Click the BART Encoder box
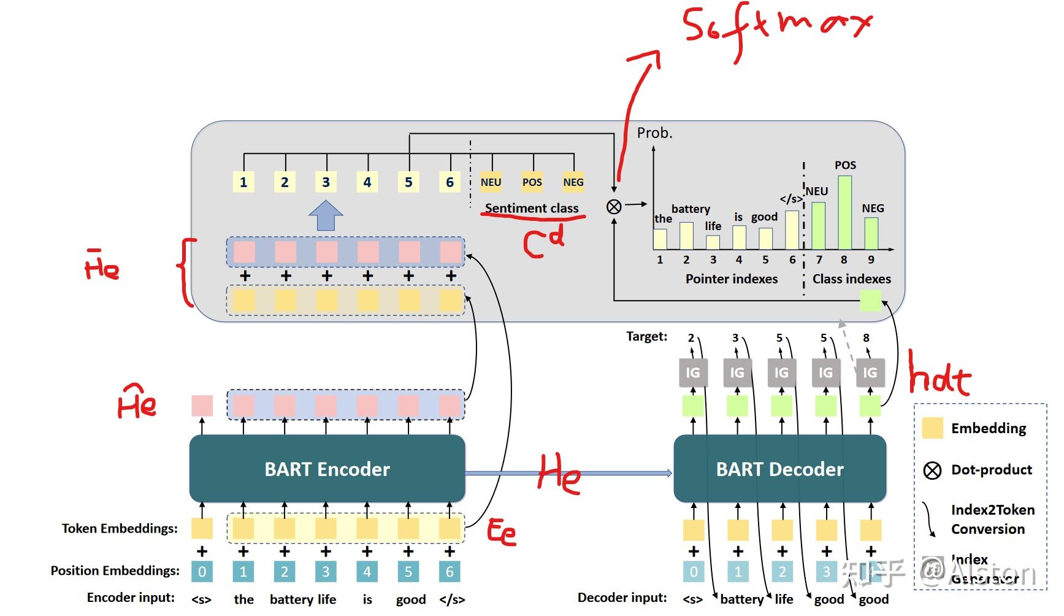[x=327, y=469]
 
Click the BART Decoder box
[x=779, y=469]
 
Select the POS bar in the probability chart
[x=844, y=212]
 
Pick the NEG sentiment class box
[x=573, y=182]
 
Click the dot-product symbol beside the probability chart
[x=614, y=207]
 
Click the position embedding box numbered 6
[x=450, y=572]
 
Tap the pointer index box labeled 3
[x=326, y=182]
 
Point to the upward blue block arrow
[x=326, y=215]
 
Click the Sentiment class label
[x=532, y=208]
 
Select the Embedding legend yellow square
[x=932, y=428]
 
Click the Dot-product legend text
[x=991, y=469]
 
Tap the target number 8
[x=866, y=337]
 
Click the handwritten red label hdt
[x=938, y=375]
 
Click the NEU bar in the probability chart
[x=818, y=225]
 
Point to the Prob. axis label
[x=654, y=133]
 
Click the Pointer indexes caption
[x=731, y=279]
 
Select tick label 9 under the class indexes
[x=871, y=260]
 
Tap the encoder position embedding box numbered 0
[x=202, y=572]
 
